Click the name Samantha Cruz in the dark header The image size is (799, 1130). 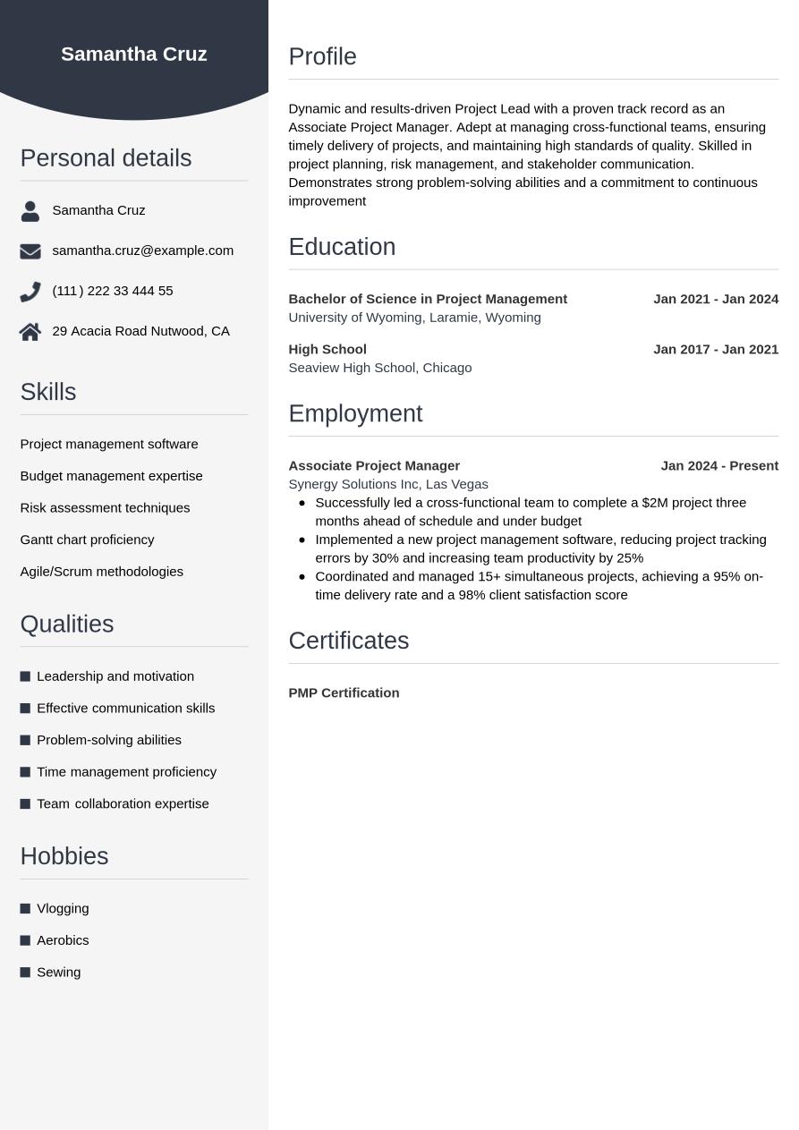pyautogui.click(x=134, y=55)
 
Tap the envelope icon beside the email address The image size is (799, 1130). pyautogui.click(x=30, y=251)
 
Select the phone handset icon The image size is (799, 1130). pyautogui.click(x=30, y=292)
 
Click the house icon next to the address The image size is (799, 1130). pyautogui.click(x=30, y=332)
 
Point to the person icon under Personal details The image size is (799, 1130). pyautogui.click(x=30, y=211)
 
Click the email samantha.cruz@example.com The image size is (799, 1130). pyautogui.click(x=142, y=251)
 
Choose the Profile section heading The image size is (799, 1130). pyautogui.click(x=322, y=56)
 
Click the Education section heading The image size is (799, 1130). pyautogui.click(x=342, y=247)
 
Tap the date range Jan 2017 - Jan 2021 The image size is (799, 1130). pyautogui.click(x=716, y=349)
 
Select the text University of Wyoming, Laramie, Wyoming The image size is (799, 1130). pyautogui.click(x=414, y=318)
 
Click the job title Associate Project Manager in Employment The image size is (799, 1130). pyautogui.click(x=374, y=465)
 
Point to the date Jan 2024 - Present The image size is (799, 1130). pyautogui.click(x=719, y=465)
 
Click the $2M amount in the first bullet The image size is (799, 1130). pyautogui.click(x=655, y=503)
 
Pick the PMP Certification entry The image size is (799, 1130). pyautogui.click(x=344, y=692)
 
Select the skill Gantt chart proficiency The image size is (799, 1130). pyautogui.click(x=87, y=540)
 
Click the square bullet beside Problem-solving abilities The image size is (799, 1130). pyautogui.click(x=25, y=740)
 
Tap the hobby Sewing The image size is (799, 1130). pyautogui.click(x=58, y=972)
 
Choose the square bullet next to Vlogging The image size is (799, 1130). pyautogui.click(x=25, y=909)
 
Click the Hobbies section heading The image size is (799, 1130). pyautogui.click(x=64, y=856)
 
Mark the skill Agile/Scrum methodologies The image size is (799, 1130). pyautogui.click(x=101, y=572)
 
